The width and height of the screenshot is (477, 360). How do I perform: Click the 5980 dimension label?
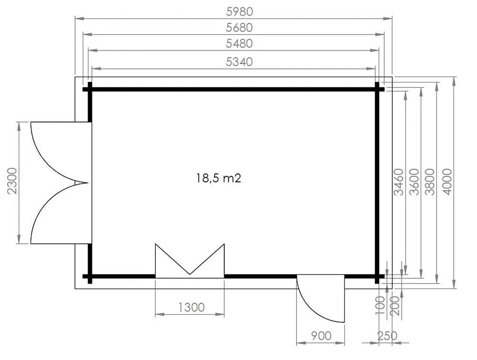[240, 11]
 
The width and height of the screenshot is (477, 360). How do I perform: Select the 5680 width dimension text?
[239, 28]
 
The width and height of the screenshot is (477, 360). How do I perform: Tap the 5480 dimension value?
[239, 44]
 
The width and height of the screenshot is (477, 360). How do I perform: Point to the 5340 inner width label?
[239, 62]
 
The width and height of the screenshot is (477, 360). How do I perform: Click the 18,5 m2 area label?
[219, 178]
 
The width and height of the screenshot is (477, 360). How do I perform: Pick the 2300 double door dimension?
[12, 181]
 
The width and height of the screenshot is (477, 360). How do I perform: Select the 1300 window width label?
[191, 307]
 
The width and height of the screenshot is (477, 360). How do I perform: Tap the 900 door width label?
[321, 336]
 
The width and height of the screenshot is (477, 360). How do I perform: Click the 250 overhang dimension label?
[387, 336]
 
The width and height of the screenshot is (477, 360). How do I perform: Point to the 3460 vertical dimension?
[398, 182]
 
